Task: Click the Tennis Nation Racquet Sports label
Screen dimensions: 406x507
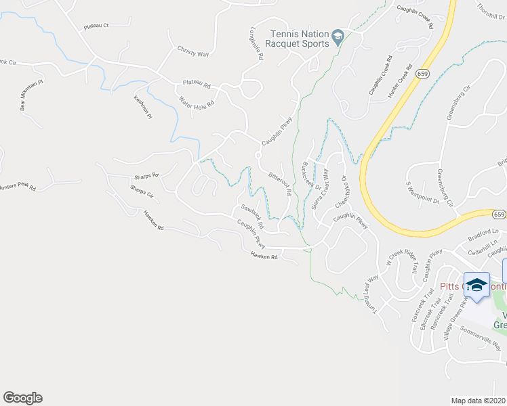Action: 299,39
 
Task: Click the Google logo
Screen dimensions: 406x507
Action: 22,398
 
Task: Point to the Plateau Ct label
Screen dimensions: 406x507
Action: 96,26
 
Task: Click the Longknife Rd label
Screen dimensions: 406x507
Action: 256,44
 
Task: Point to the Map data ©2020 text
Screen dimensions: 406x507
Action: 479,400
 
